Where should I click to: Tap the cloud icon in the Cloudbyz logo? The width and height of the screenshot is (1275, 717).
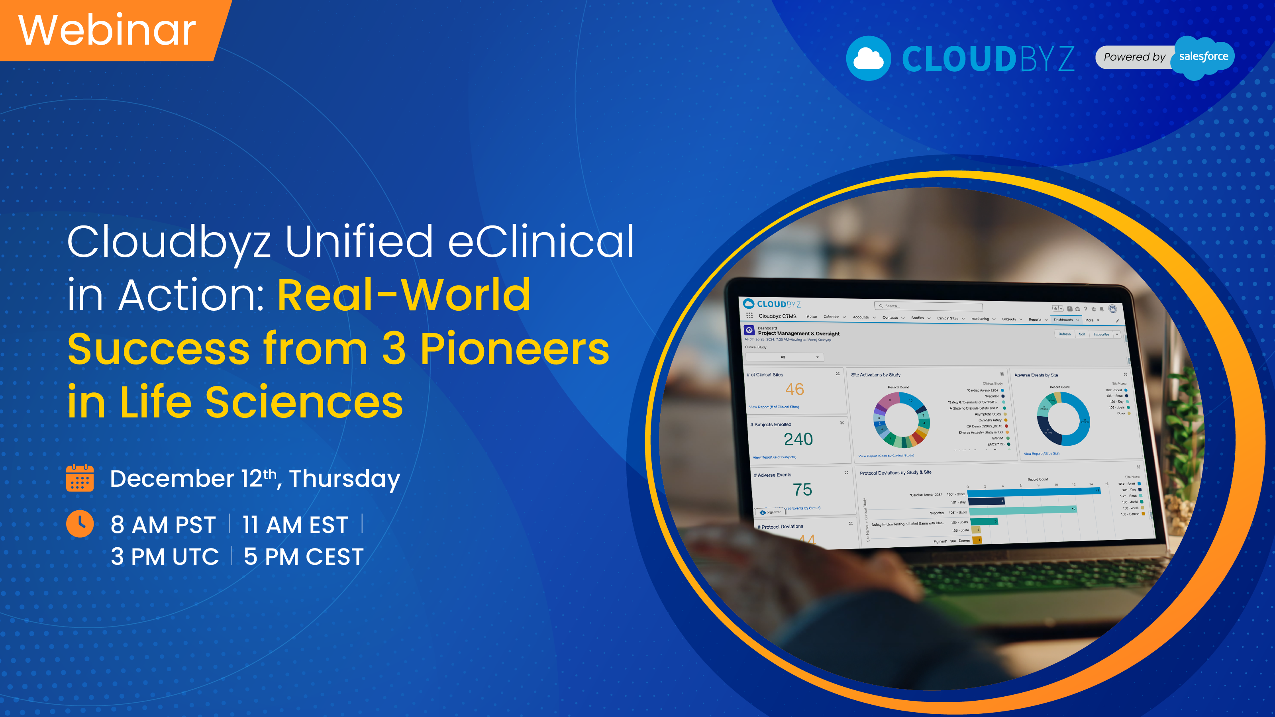coord(868,59)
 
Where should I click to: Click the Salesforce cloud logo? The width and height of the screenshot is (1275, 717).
coord(1203,57)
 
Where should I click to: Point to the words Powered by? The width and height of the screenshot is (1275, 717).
coord(1134,57)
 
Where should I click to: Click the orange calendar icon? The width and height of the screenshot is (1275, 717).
coord(80,478)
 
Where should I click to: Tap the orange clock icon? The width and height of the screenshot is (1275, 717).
coord(80,523)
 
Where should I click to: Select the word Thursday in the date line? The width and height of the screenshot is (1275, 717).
coord(345,479)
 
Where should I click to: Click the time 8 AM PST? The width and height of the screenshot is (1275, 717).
coord(163,525)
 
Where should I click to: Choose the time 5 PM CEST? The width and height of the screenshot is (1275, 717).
coord(303,557)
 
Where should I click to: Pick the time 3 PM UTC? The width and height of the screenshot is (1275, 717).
coord(165,557)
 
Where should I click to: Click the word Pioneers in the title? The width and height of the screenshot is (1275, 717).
coord(515,349)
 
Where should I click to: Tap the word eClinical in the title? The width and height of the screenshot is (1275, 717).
coord(541,241)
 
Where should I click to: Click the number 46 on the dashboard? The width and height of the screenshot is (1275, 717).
coord(794,390)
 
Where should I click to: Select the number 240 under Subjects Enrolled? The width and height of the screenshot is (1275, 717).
coord(798,439)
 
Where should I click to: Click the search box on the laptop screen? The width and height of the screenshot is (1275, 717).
coord(928,306)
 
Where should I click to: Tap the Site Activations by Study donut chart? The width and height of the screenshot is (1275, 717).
coord(901,420)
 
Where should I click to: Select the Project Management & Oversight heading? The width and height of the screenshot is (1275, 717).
coord(798,333)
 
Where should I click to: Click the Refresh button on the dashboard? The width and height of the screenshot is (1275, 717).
coord(1064,334)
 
